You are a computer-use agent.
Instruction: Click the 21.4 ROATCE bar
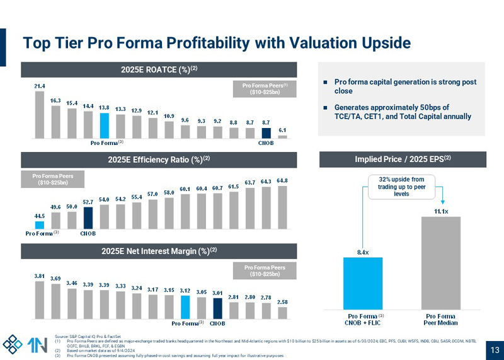click(40, 115)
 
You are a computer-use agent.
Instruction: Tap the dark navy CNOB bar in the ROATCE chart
click(266, 133)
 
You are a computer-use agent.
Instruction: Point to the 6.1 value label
click(283, 131)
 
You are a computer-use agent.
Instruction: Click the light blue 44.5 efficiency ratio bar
click(40, 223)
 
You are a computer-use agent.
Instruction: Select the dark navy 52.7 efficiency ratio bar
click(89, 217)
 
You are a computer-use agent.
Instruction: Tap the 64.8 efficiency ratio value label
click(283, 181)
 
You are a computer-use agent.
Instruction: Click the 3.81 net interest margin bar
click(40, 299)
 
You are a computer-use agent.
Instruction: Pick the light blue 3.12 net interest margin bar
click(185, 306)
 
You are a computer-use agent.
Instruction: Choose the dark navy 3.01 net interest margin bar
click(217, 308)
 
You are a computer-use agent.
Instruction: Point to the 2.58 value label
click(283, 301)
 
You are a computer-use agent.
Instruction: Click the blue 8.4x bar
click(362, 282)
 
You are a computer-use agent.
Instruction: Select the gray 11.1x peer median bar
click(441, 262)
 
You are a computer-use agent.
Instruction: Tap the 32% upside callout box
click(401, 187)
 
